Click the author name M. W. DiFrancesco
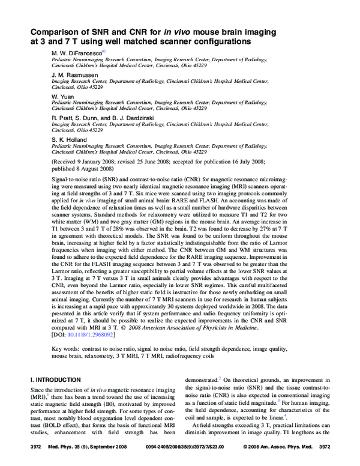click(x=77, y=52)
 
